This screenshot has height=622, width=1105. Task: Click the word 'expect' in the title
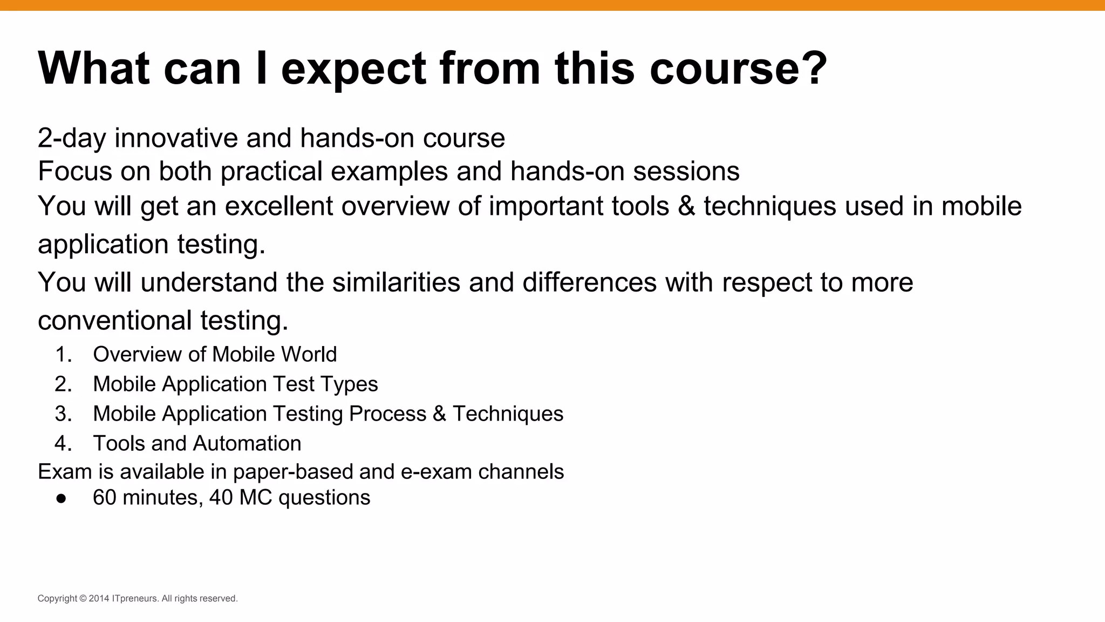(353, 69)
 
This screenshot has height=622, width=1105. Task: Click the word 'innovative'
(176, 138)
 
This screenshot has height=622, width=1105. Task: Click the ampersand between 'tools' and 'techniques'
(686, 206)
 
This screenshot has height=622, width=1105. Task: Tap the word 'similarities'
(396, 282)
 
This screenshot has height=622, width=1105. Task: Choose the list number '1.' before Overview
(64, 355)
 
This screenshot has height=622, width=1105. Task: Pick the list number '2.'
(64, 384)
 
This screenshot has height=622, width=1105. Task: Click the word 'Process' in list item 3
(387, 414)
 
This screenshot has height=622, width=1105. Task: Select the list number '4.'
(64, 444)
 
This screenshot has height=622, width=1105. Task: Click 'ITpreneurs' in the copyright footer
(135, 598)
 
